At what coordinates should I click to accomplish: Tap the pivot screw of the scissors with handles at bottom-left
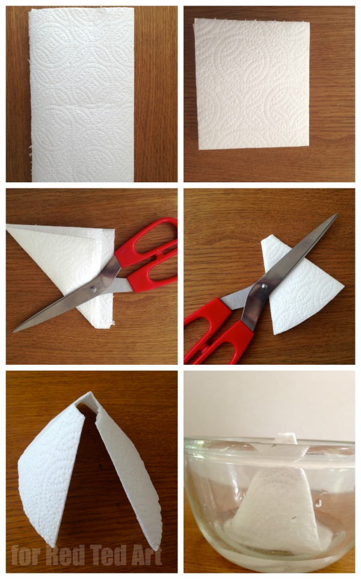(264, 285)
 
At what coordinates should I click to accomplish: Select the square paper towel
(252, 84)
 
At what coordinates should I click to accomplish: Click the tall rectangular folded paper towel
(82, 94)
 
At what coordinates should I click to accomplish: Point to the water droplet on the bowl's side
(318, 503)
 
